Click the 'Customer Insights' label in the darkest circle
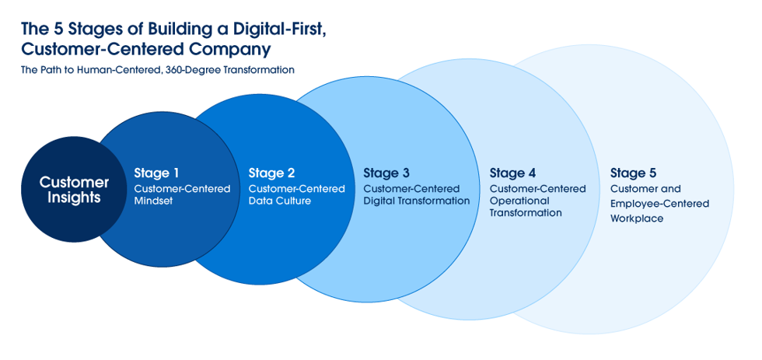point(74,190)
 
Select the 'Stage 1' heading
point(156,173)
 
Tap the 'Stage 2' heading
point(271,173)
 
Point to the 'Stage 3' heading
point(387,173)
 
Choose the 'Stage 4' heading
point(512,173)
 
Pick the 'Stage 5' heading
point(634,173)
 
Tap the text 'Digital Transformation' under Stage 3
point(417,201)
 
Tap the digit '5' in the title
point(57,29)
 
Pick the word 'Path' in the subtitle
point(48,70)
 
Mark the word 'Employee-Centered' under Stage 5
point(660,204)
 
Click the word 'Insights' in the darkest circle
point(74,197)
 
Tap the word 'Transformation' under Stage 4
point(526,213)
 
